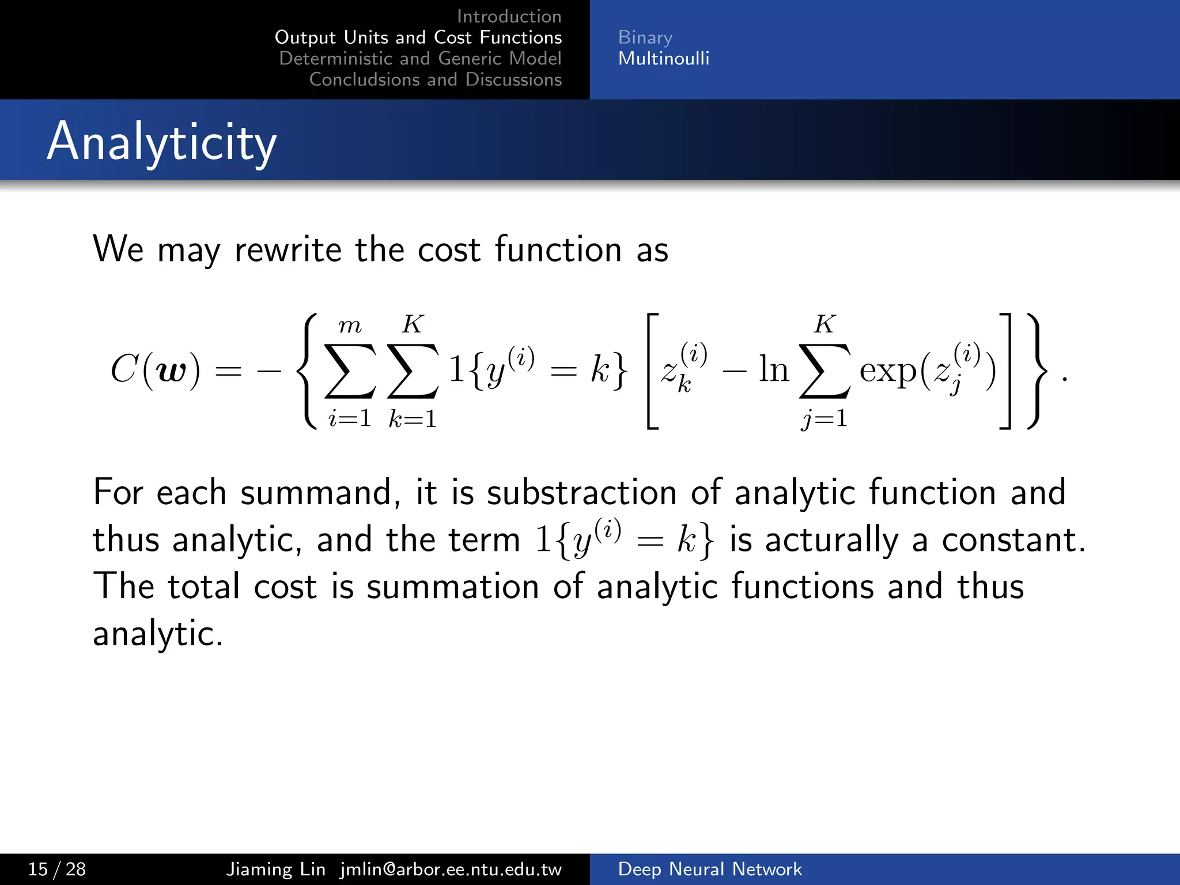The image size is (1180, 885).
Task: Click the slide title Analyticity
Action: pyautogui.click(x=161, y=142)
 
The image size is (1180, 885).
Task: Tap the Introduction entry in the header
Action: pyautogui.click(x=509, y=16)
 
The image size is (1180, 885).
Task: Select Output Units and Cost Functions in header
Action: pyautogui.click(x=418, y=37)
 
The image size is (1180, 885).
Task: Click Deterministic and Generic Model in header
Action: pyautogui.click(x=420, y=58)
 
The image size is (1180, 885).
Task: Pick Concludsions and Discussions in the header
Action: pyautogui.click(x=435, y=80)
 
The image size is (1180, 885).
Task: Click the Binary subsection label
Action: pyautogui.click(x=645, y=37)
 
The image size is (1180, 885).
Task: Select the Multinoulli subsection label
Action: pyautogui.click(x=663, y=58)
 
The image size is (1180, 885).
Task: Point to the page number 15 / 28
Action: pyautogui.click(x=56, y=869)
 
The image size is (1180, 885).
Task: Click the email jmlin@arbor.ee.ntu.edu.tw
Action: pyautogui.click(x=451, y=869)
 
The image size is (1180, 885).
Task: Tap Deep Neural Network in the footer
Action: pyautogui.click(x=709, y=869)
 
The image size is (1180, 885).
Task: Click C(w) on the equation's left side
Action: pyautogui.click(x=156, y=369)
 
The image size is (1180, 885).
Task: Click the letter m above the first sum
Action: pyautogui.click(x=350, y=326)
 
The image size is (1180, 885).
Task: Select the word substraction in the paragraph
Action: pyautogui.click(x=581, y=493)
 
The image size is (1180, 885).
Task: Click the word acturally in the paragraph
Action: pyautogui.click(x=831, y=540)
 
